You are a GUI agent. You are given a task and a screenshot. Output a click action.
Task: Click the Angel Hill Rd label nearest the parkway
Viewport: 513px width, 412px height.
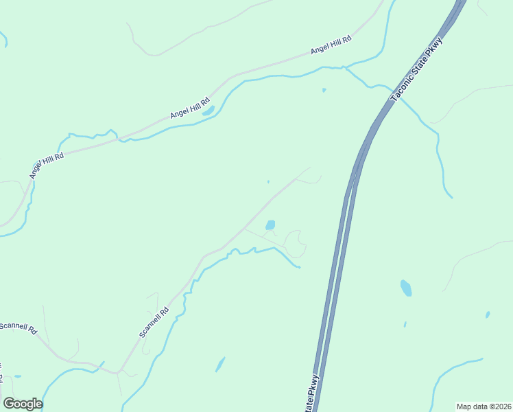pos(331,45)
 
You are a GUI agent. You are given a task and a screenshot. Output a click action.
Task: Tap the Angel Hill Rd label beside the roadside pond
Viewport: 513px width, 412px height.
pos(190,106)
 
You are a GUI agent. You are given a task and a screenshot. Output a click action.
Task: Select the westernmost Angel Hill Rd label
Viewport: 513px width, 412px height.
pos(47,165)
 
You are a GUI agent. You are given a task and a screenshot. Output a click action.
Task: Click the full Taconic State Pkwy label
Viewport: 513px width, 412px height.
pos(417,71)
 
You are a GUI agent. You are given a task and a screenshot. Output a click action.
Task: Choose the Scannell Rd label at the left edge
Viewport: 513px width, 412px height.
pos(18,327)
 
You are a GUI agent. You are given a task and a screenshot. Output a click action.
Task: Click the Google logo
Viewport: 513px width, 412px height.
pos(23,404)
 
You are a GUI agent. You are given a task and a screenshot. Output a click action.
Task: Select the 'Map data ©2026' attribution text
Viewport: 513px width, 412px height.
pos(484,407)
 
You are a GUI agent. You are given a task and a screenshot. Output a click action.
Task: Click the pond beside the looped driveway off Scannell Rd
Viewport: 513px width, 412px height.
pos(270,225)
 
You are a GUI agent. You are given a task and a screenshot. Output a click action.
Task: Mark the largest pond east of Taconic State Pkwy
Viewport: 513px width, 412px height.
pos(407,288)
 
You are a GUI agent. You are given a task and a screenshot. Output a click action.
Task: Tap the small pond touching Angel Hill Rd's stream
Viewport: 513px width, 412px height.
pos(208,110)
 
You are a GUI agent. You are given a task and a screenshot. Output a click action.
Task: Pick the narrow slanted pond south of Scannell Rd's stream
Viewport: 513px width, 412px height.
pos(220,364)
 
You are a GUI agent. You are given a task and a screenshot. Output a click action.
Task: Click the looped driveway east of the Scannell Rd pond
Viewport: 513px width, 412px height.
pos(295,243)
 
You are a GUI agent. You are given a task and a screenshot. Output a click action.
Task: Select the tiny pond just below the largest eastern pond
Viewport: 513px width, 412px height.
pos(405,324)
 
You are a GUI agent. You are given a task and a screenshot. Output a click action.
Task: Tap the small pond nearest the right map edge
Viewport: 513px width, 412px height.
pos(488,314)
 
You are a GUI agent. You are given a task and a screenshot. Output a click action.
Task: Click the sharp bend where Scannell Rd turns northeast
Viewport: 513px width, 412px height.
pos(118,372)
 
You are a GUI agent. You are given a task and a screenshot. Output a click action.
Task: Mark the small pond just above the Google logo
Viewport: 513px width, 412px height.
pos(17,376)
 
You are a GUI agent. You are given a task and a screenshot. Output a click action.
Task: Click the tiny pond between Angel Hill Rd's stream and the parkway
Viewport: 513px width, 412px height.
pos(324,90)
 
